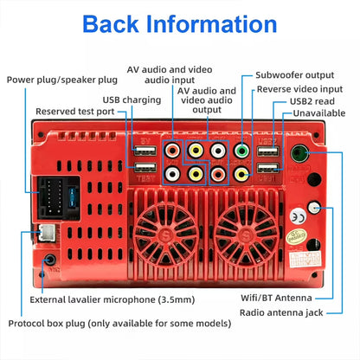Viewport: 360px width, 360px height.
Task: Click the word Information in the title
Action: tap(211, 24)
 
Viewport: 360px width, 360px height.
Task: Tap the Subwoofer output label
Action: tap(295, 75)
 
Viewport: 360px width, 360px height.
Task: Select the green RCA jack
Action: tap(241, 151)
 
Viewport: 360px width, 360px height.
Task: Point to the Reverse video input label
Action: tap(299, 89)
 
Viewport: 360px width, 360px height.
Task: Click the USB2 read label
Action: tap(312, 101)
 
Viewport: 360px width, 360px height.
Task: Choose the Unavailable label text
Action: tap(319, 113)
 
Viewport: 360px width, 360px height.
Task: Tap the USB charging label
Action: tap(132, 100)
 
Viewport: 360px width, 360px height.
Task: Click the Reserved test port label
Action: tap(75, 112)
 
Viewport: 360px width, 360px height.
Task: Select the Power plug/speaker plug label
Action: tap(62, 80)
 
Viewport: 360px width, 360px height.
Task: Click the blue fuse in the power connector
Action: tap(72, 197)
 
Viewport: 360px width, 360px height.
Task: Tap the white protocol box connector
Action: tap(47, 232)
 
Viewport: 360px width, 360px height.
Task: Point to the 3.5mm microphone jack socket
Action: tap(50, 260)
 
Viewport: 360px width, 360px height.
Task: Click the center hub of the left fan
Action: tap(166, 233)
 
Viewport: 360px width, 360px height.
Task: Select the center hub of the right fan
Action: tap(246, 233)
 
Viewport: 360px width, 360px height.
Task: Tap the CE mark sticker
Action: tap(298, 217)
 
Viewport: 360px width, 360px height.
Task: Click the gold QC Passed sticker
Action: tap(296, 237)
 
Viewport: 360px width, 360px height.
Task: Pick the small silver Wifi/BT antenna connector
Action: tap(314, 208)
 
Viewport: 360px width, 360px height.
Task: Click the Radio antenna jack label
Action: tap(281, 312)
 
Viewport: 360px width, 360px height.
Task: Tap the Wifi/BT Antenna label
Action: tap(276, 298)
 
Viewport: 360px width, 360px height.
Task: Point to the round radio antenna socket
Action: tap(299, 153)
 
